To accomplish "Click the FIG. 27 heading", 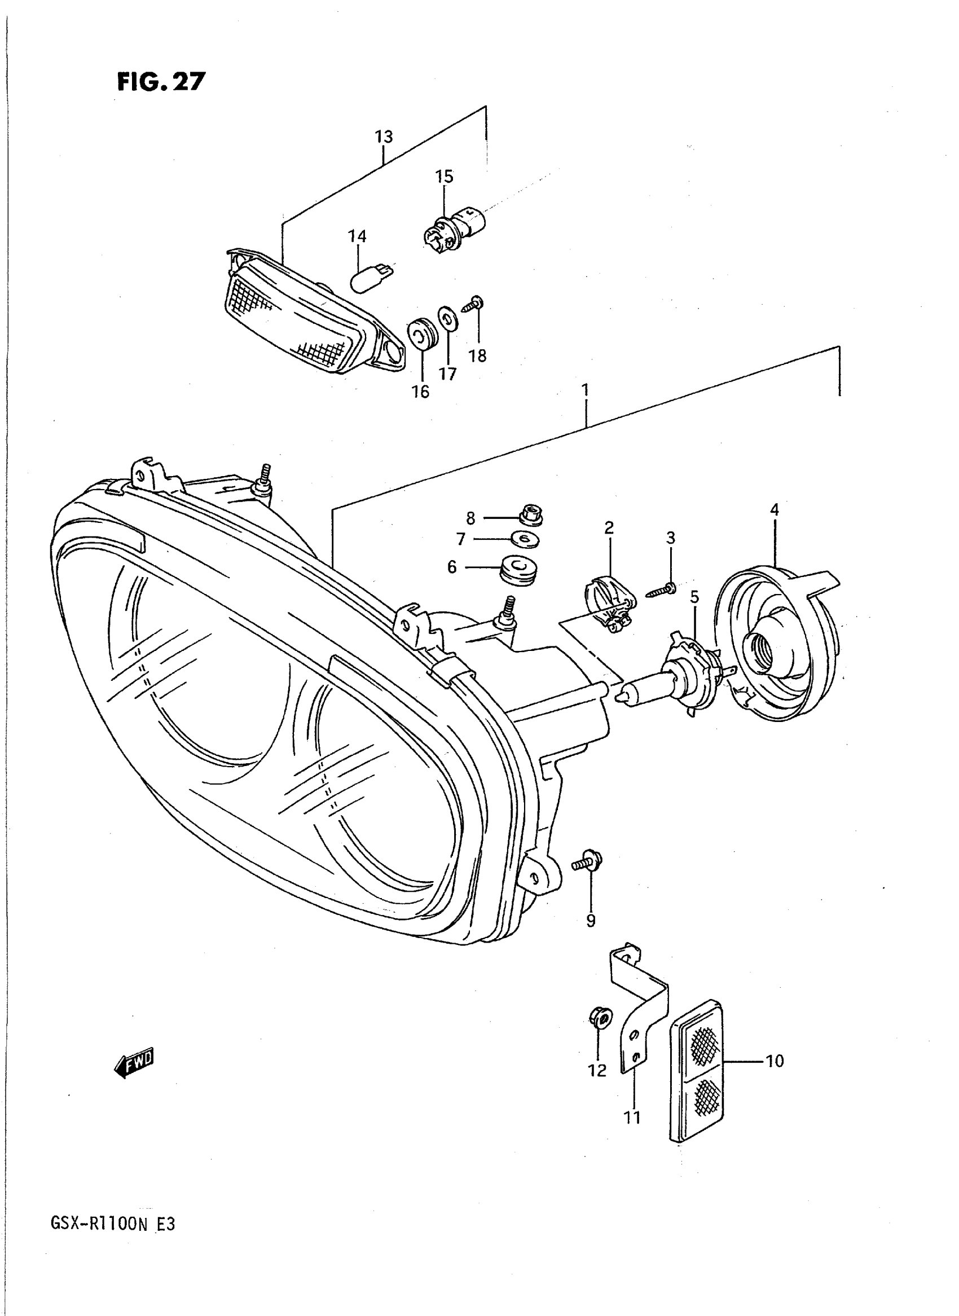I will coord(161,82).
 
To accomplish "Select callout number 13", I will coord(384,137).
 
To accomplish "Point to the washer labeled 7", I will coord(525,540).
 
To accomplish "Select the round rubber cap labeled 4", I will coord(778,644).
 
